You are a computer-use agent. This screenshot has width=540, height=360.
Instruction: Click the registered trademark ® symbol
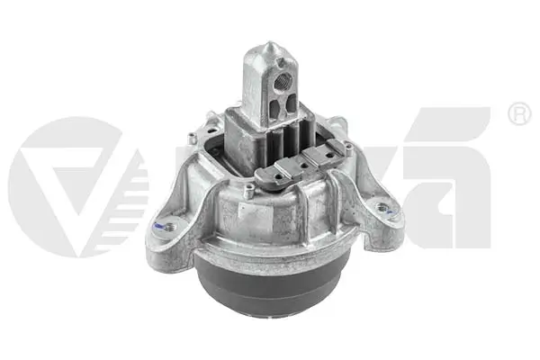[519, 113]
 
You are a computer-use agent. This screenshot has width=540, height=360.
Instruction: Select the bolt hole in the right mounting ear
[383, 208]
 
